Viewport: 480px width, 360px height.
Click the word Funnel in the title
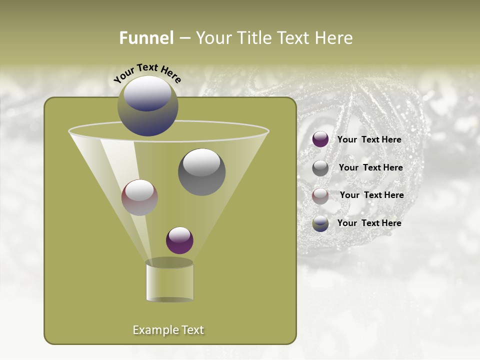[146, 38]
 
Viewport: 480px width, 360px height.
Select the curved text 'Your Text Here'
[147, 73]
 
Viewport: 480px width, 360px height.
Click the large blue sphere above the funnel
[148, 106]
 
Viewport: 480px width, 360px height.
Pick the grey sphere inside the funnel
[202, 172]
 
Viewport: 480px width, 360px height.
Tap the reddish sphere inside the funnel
[139, 197]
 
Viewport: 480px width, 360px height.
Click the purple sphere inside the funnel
[179, 240]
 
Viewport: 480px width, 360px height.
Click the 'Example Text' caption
[168, 330]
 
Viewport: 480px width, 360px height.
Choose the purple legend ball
[320, 139]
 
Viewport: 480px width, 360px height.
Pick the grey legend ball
[320, 168]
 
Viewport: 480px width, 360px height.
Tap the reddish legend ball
[320, 196]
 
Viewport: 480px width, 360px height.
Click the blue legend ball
[320, 223]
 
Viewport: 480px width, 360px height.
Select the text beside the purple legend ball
[369, 140]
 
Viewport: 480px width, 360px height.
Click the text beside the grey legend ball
[370, 167]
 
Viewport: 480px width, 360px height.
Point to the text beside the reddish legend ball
[372, 195]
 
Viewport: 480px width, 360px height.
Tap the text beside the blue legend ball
[369, 223]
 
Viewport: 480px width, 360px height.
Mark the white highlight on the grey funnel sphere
[202, 162]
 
